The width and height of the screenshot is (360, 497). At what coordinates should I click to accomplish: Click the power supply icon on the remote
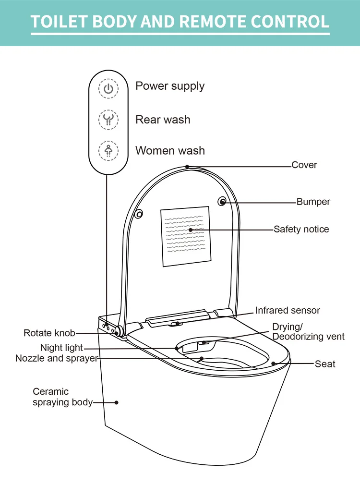pos(108,89)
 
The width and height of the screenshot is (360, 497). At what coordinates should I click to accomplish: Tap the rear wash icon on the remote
pos(108,120)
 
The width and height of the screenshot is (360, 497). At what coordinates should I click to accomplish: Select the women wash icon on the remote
pos(108,150)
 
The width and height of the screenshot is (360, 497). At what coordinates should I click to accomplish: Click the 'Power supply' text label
pos(170,86)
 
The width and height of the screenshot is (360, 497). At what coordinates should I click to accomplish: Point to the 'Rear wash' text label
pos(163,120)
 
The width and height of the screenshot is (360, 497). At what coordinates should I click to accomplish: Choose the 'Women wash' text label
pos(170,150)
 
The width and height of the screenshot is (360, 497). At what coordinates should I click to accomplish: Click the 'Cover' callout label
pos(304,165)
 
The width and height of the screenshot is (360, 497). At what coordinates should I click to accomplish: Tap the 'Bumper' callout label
pos(313,202)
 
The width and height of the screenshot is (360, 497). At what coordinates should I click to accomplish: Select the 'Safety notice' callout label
pos(301,230)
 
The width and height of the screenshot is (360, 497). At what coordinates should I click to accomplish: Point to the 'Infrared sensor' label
pos(288,311)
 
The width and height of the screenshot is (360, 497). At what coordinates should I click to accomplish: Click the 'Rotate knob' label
pos(49,333)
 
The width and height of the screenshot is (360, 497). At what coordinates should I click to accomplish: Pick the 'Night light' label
pos(61,348)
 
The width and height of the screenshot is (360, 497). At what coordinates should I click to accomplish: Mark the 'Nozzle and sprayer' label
pos(57,358)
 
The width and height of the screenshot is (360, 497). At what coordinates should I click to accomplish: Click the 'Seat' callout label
pos(325,364)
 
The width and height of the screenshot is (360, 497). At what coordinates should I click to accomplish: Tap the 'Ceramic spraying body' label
pos(62,397)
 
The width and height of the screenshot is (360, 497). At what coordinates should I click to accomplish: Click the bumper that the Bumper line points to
pos(223,202)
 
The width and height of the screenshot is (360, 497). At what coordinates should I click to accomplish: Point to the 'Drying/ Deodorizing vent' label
pos(308,332)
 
